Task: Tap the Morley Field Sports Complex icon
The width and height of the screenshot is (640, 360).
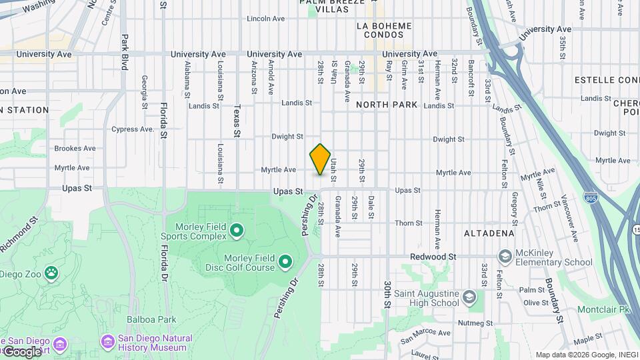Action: click(236, 231)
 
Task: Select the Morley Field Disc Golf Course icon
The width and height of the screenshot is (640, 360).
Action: click(285, 261)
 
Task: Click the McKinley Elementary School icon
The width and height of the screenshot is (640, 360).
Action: click(505, 257)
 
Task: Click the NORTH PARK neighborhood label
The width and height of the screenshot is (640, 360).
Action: click(387, 105)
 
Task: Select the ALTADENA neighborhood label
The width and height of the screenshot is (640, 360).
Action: click(489, 233)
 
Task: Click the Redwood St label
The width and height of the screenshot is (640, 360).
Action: click(433, 257)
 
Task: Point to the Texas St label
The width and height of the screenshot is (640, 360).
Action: click(237, 121)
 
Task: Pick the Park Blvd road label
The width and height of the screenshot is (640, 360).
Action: click(124, 53)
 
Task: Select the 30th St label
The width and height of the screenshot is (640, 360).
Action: click(387, 294)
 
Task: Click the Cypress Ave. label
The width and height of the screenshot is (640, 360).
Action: click(133, 129)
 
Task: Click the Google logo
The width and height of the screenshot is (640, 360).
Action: click(21, 351)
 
